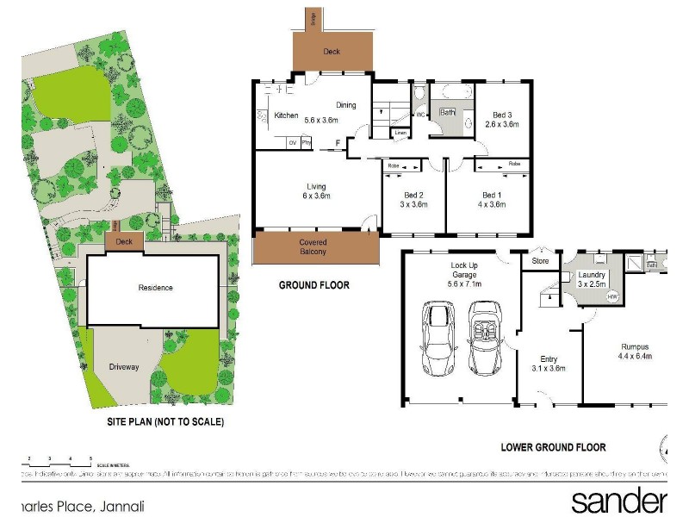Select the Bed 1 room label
pyautogui.click(x=492, y=195)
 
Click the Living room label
pyautogui.click(x=316, y=186)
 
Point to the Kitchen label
pyautogui.click(x=286, y=115)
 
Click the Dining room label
pyautogui.click(x=346, y=105)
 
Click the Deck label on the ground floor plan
pyautogui.click(x=332, y=52)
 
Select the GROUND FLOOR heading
pyautogui.click(x=314, y=285)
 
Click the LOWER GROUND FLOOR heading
pyautogui.click(x=554, y=447)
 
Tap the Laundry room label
pyautogui.click(x=593, y=275)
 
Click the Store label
pyautogui.click(x=540, y=260)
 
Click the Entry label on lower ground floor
pyautogui.click(x=548, y=359)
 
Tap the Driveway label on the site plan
pyautogui.click(x=124, y=367)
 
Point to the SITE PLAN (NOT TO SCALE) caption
pyautogui.click(x=164, y=422)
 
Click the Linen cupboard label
pyautogui.click(x=399, y=133)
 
